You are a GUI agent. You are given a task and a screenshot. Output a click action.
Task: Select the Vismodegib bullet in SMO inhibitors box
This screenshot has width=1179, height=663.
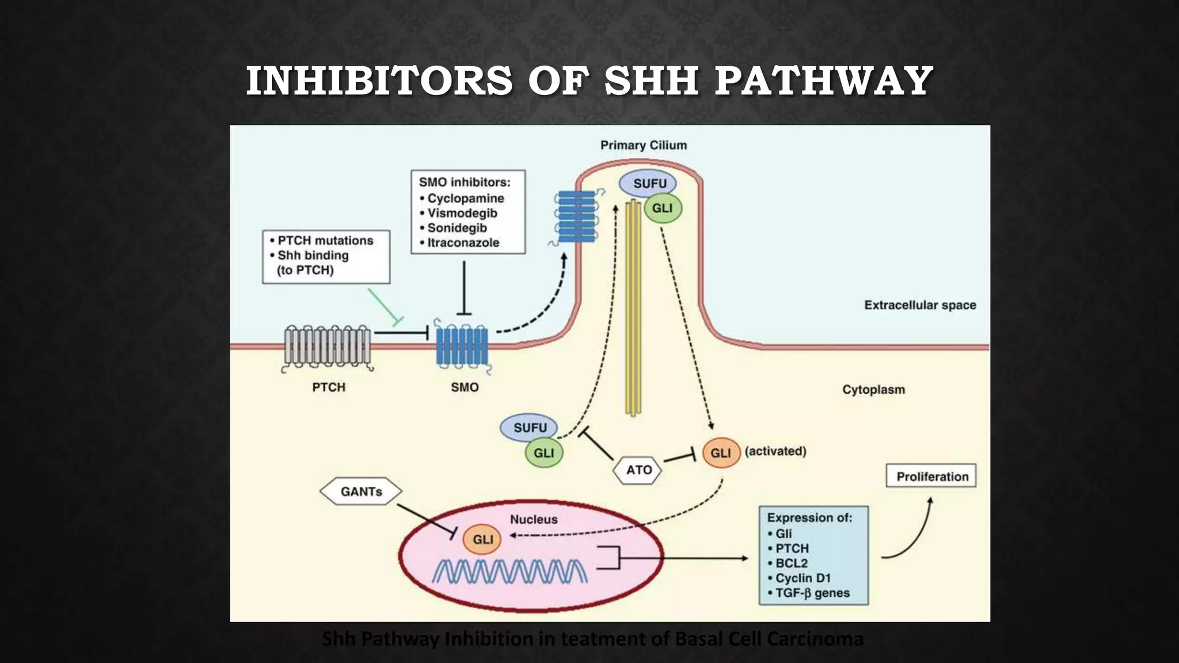click(x=462, y=213)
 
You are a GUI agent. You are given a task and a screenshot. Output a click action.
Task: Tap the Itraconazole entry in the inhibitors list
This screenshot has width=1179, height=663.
click(x=463, y=243)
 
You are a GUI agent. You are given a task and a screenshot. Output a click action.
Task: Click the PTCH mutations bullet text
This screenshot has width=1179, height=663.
click(x=325, y=241)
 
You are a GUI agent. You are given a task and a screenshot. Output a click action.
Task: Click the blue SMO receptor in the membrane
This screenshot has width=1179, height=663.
click(x=462, y=346)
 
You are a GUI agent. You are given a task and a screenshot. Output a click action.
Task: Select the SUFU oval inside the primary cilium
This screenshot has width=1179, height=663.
click(x=649, y=184)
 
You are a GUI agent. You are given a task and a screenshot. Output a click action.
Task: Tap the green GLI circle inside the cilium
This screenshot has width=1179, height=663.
click(x=663, y=208)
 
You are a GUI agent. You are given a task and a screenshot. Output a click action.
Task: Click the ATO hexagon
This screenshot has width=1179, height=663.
click(x=638, y=470)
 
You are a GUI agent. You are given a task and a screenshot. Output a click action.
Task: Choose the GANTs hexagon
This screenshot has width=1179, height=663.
click(x=361, y=491)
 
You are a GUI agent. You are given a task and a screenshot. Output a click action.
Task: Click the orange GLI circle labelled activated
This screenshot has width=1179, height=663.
click(x=720, y=453)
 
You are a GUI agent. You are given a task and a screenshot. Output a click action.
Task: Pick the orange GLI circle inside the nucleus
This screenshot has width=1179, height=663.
click(x=482, y=539)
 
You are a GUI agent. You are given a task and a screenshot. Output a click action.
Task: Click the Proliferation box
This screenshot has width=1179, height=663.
click(x=931, y=477)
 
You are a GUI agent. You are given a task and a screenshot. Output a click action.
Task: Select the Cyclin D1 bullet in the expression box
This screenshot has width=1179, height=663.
click(x=803, y=578)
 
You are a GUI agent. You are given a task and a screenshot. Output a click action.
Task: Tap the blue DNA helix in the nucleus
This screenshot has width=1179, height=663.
click(x=509, y=571)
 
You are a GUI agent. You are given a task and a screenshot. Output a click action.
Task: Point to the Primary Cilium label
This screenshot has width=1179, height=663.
click(x=643, y=146)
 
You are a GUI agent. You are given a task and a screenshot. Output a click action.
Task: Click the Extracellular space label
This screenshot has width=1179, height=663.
click(x=919, y=305)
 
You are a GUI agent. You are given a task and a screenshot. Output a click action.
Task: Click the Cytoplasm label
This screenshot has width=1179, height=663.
click(x=873, y=390)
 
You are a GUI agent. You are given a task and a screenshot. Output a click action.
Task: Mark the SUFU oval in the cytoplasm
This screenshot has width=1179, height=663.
click(x=529, y=428)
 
